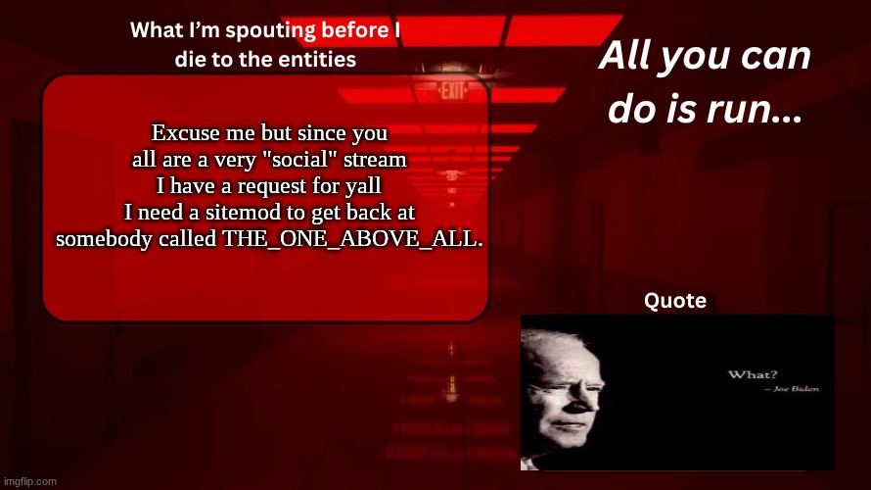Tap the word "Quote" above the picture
click(675, 301)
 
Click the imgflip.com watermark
click(29, 481)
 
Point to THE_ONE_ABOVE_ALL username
click(353, 239)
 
